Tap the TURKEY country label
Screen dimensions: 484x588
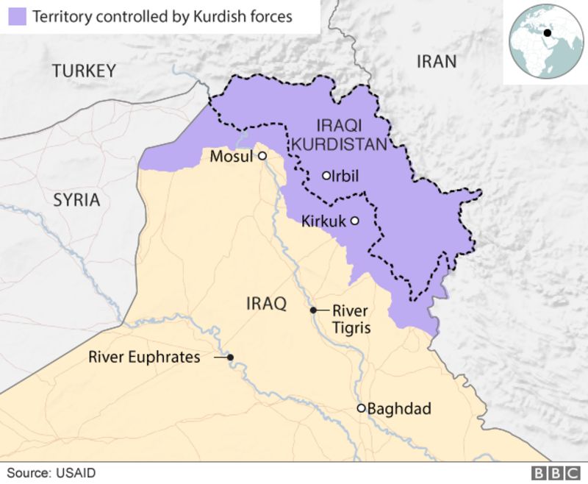[84, 71]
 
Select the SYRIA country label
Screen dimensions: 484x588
[76, 200]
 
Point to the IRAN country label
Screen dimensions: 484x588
[436, 61]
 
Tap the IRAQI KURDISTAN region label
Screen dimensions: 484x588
[339, 135]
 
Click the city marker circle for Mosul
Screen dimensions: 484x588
[261, 156]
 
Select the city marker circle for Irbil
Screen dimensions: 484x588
[326, 176]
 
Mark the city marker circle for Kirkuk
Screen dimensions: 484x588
[354, 221]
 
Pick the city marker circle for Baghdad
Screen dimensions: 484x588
[361, 408]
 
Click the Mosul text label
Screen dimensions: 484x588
[231, 157]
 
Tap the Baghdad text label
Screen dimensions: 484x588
[399, 409]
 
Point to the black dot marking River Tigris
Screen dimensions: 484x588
[313, 310]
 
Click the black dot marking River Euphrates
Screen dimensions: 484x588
[230, 357]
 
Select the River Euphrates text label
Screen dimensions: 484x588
[144, 357]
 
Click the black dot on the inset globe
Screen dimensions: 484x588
[548, 32]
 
